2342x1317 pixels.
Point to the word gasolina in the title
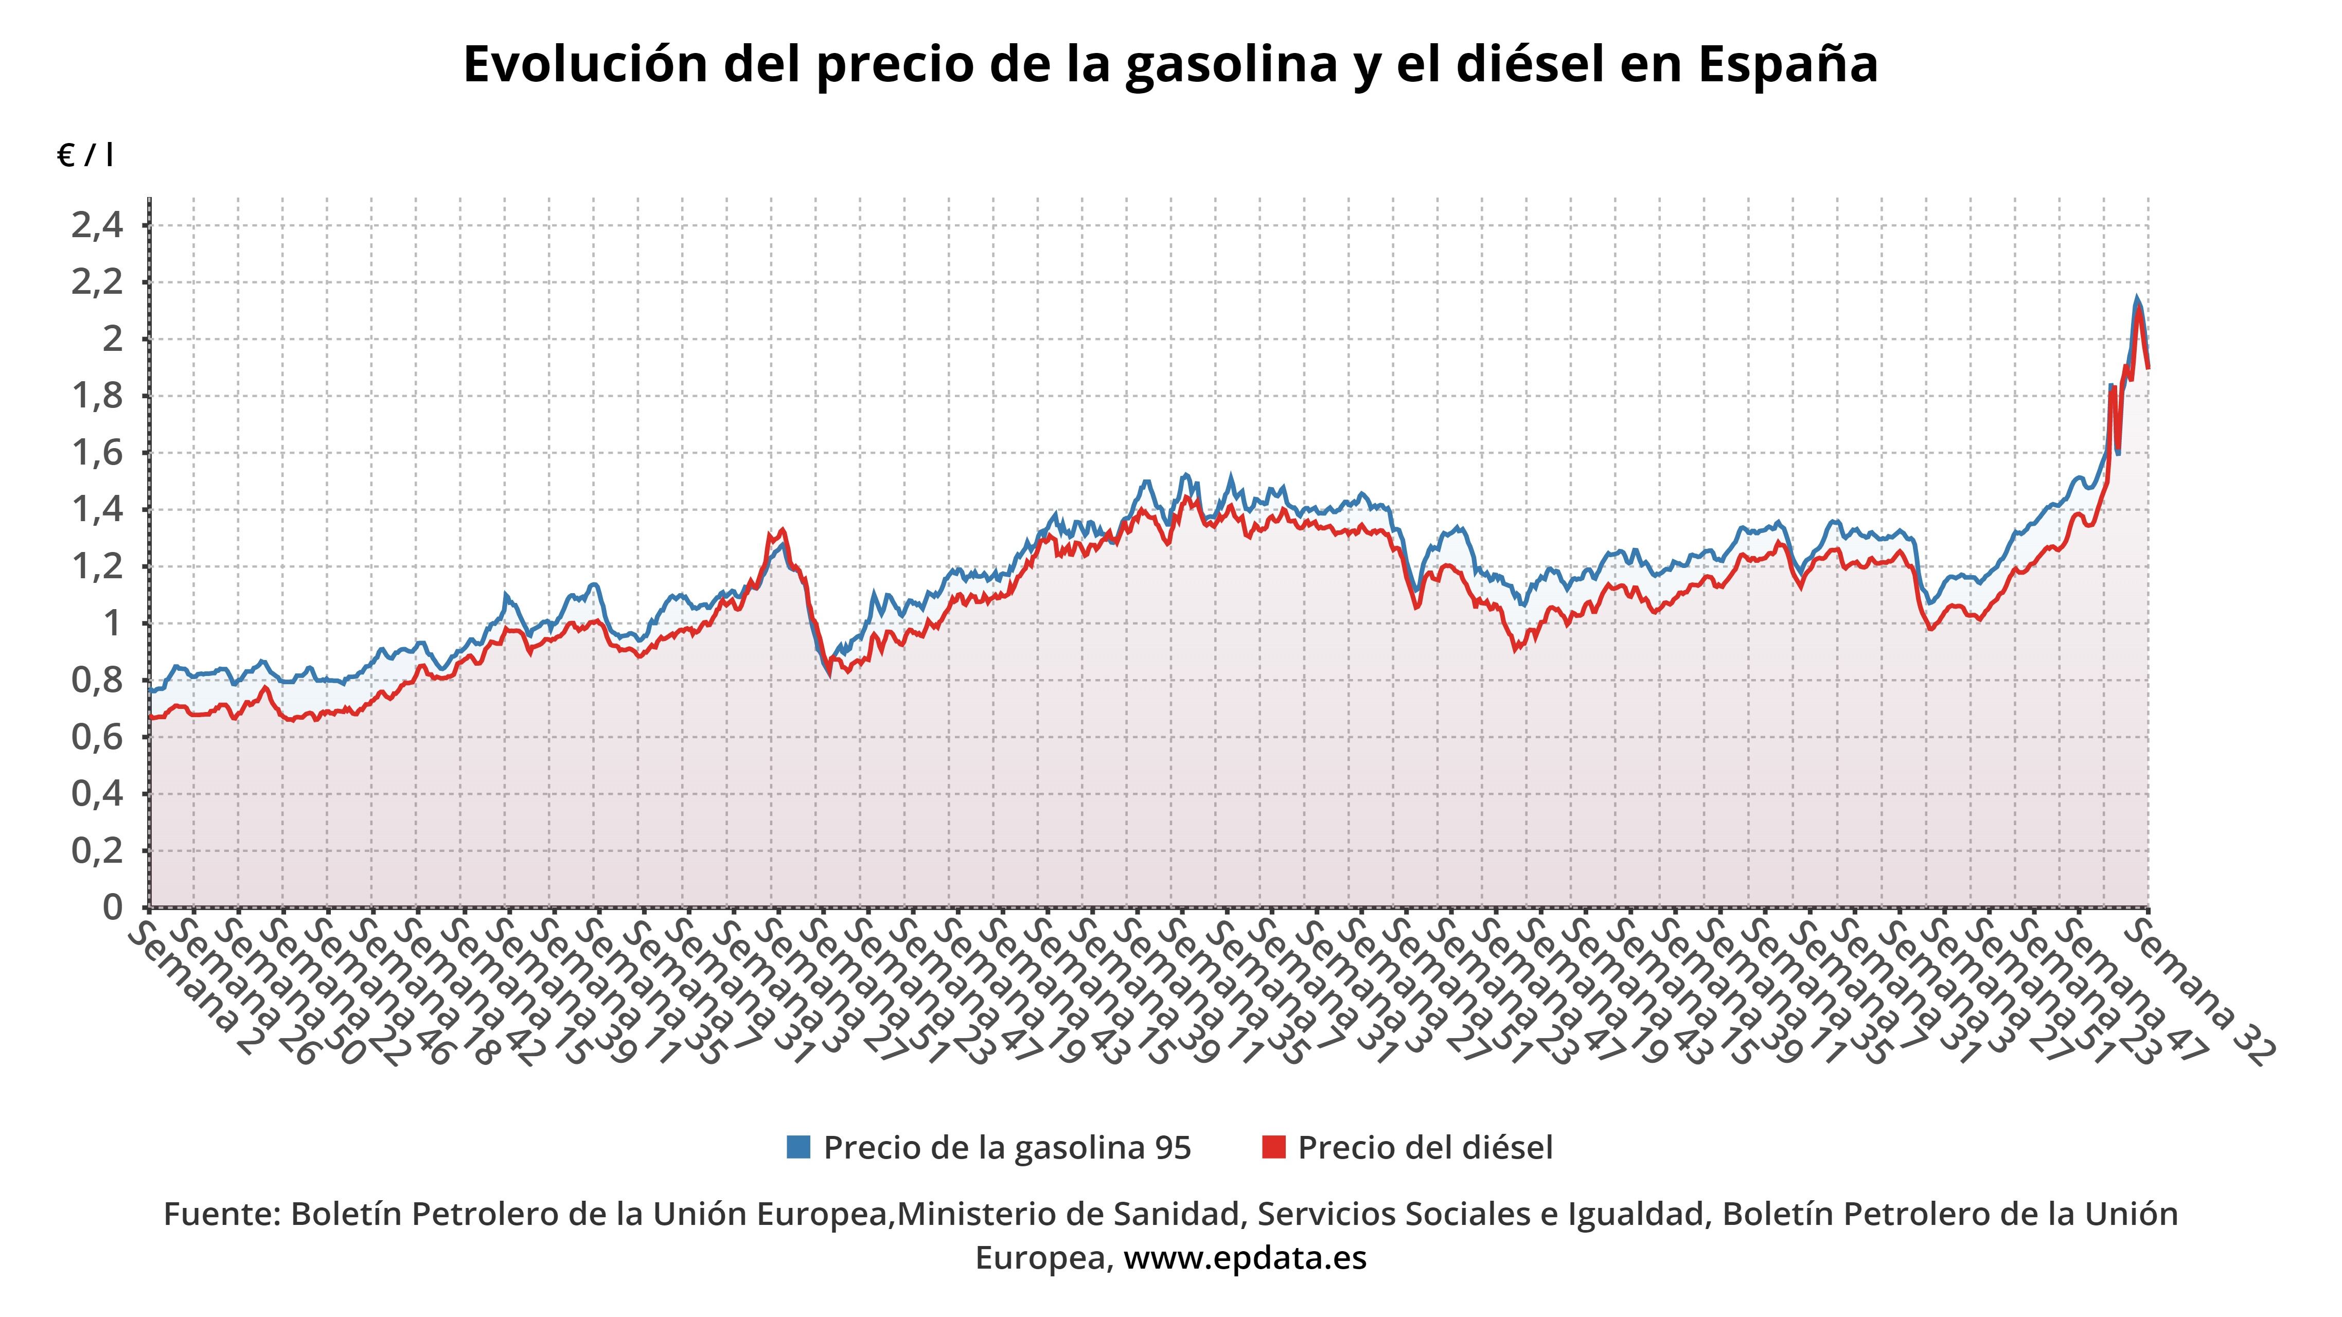coord(1228,64)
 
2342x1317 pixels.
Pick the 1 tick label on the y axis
coord(113,624)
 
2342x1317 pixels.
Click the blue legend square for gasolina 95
coord(798,1147)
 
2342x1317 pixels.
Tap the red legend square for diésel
coord(1274,1147)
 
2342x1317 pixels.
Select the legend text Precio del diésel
coord(1425,1147)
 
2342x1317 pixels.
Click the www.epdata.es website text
coord(1245,1258)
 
